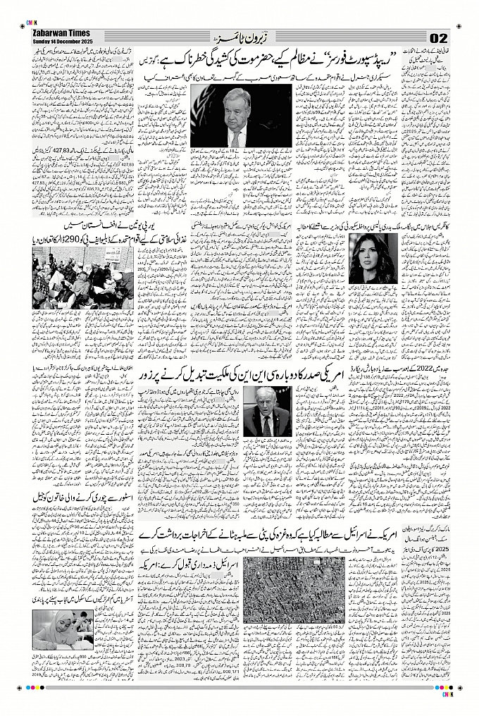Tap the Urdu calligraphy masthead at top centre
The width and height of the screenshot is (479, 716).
pyautogui.click(x=239, y=36)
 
